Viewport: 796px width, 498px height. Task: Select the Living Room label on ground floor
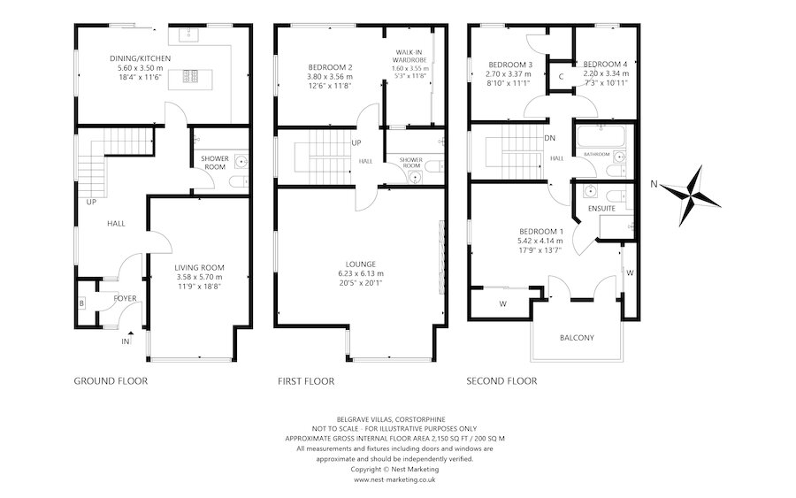199,267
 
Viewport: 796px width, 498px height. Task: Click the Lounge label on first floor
362,264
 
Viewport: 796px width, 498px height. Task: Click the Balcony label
576,338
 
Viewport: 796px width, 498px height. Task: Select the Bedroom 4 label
606,65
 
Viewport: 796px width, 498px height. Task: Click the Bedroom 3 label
510,65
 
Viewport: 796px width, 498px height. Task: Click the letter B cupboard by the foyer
81,303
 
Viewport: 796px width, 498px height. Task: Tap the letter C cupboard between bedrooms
562,76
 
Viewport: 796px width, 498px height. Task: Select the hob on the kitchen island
192,76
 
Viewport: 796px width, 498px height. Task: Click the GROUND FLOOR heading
111,381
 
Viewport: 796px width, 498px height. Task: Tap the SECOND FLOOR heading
502,381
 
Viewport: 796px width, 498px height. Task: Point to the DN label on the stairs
549,138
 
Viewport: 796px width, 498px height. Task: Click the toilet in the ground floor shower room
236,182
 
